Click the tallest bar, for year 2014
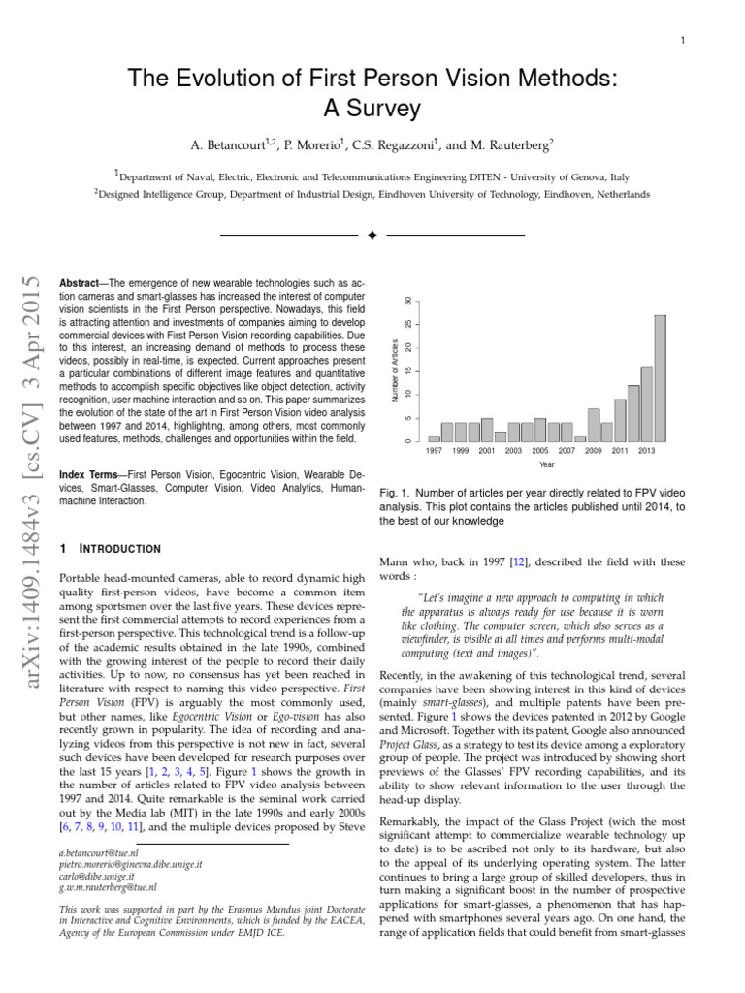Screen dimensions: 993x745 [660, 378]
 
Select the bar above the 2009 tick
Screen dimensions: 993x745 [594, 426]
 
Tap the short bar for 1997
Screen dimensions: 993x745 [434, 438]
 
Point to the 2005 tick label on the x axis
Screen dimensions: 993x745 [540, 451]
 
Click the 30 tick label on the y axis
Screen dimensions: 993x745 [407, 302]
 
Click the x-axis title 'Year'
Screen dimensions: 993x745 [547, 464]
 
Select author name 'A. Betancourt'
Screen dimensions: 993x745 [234, 144]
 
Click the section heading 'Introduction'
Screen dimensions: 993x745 [119, 548]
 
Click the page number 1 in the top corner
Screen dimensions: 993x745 [684, 40]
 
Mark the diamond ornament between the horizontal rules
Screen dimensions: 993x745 [372, 235]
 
